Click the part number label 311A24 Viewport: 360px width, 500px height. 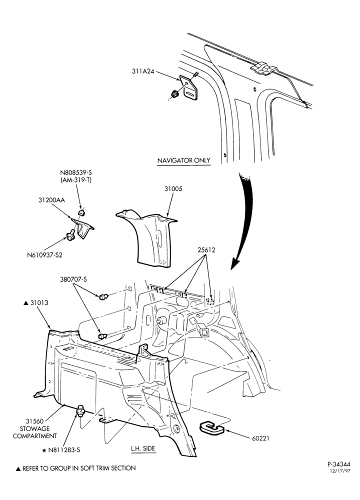click(143, 71)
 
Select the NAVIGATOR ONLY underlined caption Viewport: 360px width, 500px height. click(184, 160)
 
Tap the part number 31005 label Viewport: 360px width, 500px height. click(173, 189)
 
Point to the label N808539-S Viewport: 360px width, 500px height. click(76, 173)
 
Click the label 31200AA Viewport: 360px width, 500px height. click(51, 200)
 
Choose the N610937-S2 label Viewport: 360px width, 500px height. click(44, 255)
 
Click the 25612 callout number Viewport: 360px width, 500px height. click(206, 250)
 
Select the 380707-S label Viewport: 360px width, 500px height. click(73, 279)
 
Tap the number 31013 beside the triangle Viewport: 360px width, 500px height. click(39, 302)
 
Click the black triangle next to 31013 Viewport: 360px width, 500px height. click(26, 303)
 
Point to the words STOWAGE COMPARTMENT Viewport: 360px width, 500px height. click(35, 432)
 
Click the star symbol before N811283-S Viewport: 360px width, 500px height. click(44, 450)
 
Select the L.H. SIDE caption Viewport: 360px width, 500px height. click(143, 448)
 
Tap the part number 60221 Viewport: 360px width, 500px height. click(260, 438)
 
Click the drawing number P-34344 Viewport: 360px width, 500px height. click(339, 464)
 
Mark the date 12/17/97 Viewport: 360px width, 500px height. click(340, 471)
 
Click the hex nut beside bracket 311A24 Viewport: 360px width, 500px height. click(174, 94)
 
